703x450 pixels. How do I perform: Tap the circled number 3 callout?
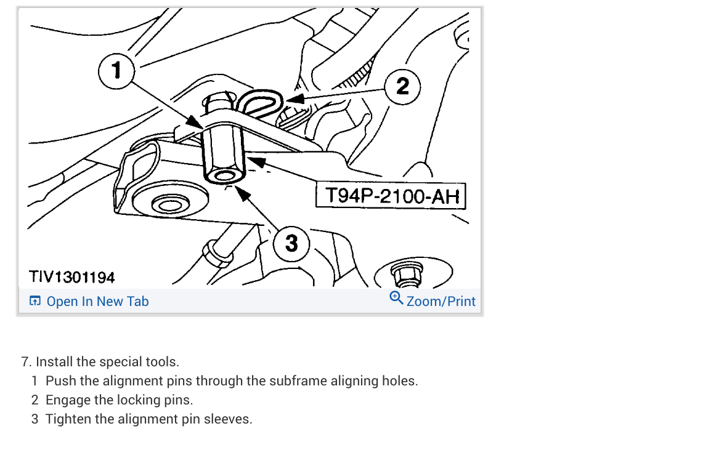click(x=291, y=243)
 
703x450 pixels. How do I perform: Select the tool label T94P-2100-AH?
click(x=392, y=196)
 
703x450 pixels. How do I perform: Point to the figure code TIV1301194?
click(x=71, y=277)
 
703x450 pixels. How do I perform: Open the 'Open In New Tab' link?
click(x=97, y=302)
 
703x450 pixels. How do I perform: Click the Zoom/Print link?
click(x=441, y=302)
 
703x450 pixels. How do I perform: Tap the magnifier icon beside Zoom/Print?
click(x=396, y=299)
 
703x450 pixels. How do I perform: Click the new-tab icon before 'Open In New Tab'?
click(x=35, y=302)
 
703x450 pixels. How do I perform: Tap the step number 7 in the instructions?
click(x=25, y=361)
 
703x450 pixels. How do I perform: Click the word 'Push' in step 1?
click(x=60, y=380)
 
